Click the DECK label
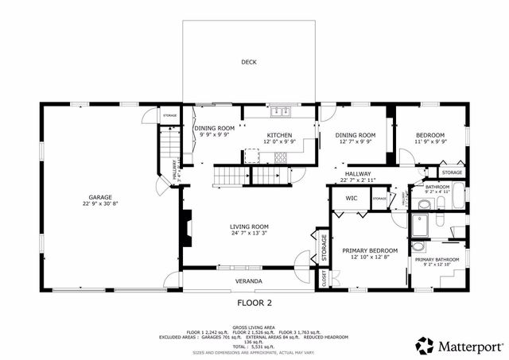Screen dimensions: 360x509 coord(249,62)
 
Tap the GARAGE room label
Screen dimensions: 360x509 coord(99,197)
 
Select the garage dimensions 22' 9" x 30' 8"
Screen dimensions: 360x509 coord(99,204)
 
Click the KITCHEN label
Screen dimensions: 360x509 coord(280,135)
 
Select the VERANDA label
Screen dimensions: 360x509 coord(249,281)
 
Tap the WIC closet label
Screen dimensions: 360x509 coord(350,199)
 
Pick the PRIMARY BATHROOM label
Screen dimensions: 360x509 coord(436,260)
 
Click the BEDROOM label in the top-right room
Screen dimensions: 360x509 coord(430,135)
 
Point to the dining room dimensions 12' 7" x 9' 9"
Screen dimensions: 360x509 coord(356,142)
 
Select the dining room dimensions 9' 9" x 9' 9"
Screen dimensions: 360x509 coord(215,135)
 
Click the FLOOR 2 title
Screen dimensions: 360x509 coord(254,303)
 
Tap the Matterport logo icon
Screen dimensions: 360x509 coord(425,345)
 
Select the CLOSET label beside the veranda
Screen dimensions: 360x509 coord(324,278)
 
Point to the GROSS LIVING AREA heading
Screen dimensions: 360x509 coord(254,327)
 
